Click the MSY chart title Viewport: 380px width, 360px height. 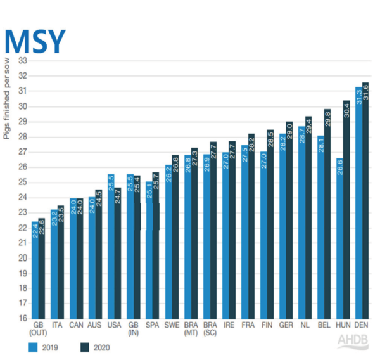point(35,41)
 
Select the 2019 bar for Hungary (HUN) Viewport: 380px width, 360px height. point(339,239)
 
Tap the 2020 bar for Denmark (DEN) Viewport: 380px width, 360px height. point(365,201)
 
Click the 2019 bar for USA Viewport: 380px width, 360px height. point(111,247)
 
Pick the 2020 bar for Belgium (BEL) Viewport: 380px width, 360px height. point(327,214)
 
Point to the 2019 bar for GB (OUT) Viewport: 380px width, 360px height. point(35,270)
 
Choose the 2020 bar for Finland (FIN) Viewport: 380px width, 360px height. point(270,224)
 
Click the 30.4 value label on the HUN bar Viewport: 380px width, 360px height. point(346,110)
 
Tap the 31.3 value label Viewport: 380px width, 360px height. point(359,97)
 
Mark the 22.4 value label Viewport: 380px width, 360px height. point(35,231)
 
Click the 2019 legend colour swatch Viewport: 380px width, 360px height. point(33,347)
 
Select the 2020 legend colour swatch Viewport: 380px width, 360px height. point(85,347)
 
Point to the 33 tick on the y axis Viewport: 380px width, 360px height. point(23,61)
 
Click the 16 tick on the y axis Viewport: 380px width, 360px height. point(23,318)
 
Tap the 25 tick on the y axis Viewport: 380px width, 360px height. point(23,182)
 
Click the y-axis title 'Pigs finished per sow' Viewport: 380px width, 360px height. point(6,98)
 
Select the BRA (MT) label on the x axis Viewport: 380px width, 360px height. point(191,329)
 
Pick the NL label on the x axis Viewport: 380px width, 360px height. point(305,325)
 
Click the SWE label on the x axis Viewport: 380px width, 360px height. point(172,325)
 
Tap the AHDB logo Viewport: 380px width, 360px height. point(353,341)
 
